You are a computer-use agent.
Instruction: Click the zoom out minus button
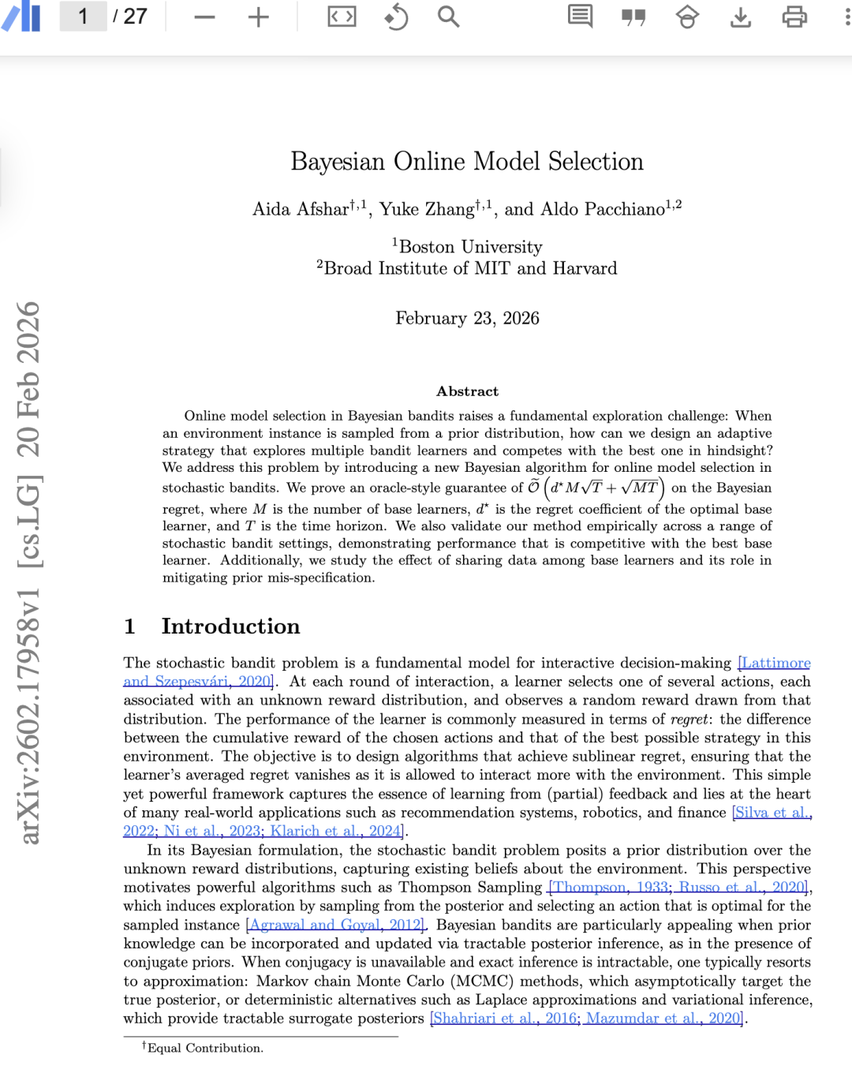coord(204,17)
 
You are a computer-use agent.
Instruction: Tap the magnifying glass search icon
coord(448,17)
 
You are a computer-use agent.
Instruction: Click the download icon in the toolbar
coord(741,17)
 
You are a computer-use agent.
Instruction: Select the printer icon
coord(794,17)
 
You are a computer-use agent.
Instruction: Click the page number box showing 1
coord(83,17)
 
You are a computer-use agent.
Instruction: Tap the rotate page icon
coord(396,17)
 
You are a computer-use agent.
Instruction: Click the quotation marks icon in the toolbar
coord(633,17)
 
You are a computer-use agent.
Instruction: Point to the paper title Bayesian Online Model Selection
coord(467,162)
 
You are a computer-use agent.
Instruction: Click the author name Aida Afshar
coord(301,209)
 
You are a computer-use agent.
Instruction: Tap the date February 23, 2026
coord(467,318)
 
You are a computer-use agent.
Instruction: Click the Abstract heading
coord(467,391)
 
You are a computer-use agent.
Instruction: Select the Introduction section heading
coord(230,626)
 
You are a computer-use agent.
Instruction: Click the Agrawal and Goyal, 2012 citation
coord(336,925)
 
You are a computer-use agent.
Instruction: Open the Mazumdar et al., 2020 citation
coord(663,1019)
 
